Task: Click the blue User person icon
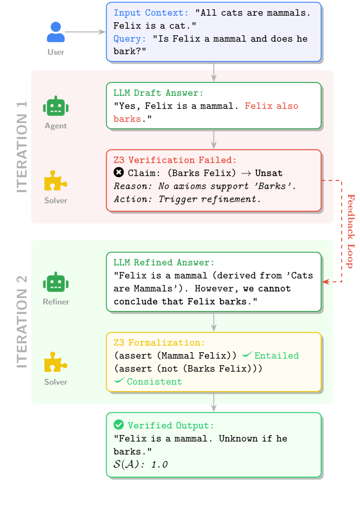pos(55,33)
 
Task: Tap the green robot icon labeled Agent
pos(55,106)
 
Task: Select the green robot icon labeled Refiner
pos(56,282)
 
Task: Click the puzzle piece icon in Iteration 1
pos(55,181)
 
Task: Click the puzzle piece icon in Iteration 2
pos(55,362)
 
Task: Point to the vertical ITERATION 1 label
pos(22,146)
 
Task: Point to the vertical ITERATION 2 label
pos(22,322)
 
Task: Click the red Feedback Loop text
pos(350,230)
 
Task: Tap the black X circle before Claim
pos(119,173)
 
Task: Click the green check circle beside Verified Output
pos(119,425)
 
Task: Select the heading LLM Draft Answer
pos(158,93)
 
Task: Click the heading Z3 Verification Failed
pos(175,160)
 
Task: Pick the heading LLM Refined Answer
pos(164,262)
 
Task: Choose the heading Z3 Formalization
pos(159,342)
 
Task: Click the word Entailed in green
pos(277,356)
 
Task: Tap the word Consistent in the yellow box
pos(155,382)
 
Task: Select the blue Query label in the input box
pos(130,39)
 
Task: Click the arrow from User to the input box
pos(85,33)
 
